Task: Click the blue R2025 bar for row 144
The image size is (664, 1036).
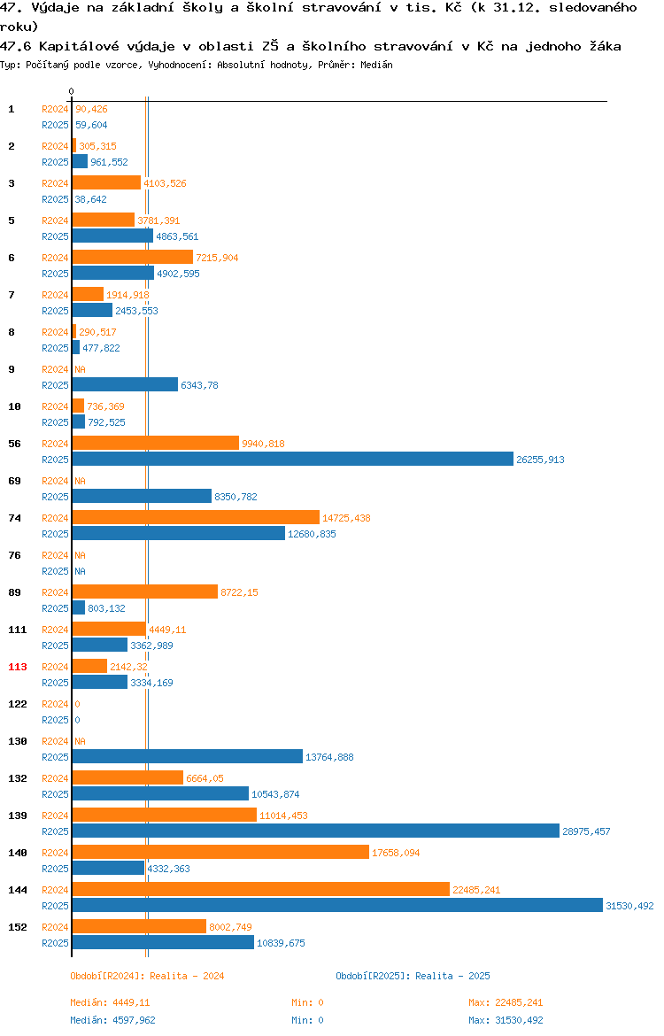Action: click(337, 906)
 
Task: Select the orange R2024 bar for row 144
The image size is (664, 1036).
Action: click(261, 890)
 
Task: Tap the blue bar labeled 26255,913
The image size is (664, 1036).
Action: click(293, 460)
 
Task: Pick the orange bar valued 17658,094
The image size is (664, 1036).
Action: click(220, 853)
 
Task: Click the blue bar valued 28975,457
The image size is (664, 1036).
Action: click(316, 831)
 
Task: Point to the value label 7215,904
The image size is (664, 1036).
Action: click(218, 258)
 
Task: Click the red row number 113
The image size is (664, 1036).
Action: click(18, 667)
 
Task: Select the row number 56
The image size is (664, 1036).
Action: click(14, 444)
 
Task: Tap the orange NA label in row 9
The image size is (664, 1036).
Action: click(80, 369)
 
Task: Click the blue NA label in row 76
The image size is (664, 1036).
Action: click(80, 571)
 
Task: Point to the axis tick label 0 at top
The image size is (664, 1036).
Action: click(72, 92)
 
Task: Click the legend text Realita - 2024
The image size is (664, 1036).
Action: click(187, 976)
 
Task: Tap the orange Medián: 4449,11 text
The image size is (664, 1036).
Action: click(111, 1003)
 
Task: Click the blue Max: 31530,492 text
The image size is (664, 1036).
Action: click(506, 1020)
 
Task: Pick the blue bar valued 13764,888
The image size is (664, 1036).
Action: click(188, 756)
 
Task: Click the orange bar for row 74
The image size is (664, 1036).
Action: click(197, 517)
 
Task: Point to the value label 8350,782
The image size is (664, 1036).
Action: click(235, 497)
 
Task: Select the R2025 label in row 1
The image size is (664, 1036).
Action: click(55, 125)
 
